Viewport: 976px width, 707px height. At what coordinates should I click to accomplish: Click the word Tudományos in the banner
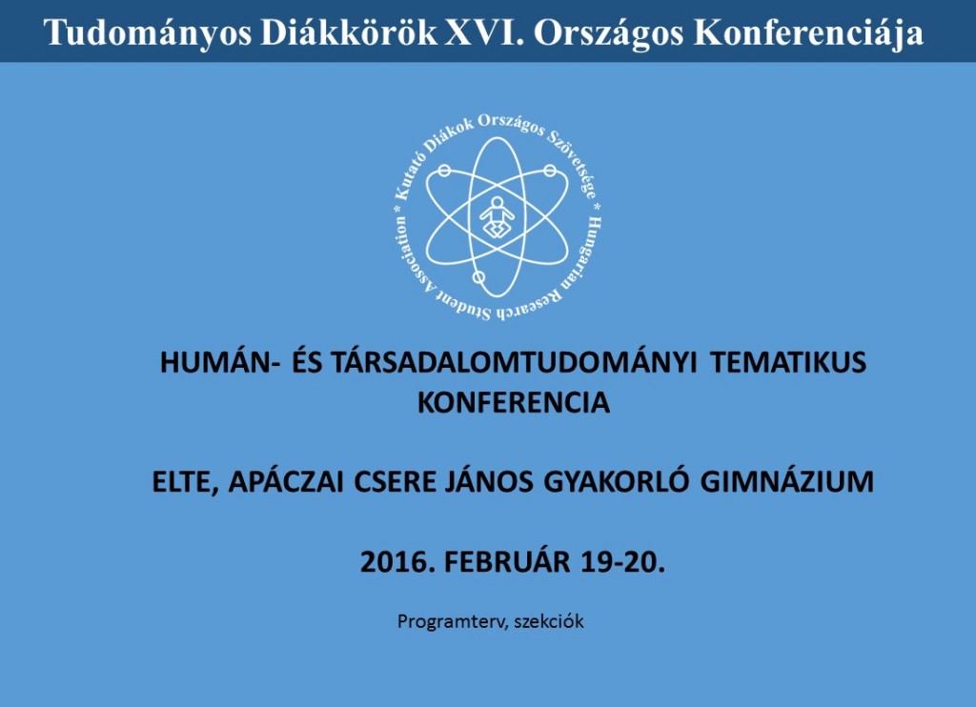coord(148,33)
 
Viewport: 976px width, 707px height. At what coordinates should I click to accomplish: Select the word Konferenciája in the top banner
coord(808,33)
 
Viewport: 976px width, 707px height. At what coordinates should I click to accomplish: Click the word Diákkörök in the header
coord(349,32)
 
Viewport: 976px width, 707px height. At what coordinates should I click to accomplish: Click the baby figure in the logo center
coord(497,217)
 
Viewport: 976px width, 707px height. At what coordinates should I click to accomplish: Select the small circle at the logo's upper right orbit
coord(550,171)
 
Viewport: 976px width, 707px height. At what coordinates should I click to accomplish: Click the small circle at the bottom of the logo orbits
coord(478,277)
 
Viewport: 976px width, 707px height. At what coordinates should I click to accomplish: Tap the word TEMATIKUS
coord(788,362)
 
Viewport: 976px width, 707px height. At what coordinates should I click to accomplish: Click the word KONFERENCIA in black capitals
coord(514,402)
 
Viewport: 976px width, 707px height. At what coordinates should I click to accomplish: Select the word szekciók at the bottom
coord(549,622)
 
